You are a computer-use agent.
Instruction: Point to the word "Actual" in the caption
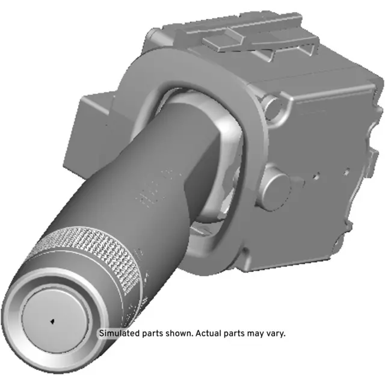point(209,333)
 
